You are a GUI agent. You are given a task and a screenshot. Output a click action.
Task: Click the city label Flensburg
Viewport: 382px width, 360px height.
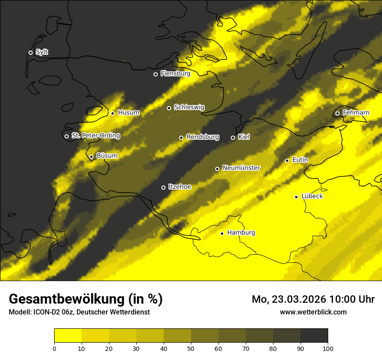coord(175,74)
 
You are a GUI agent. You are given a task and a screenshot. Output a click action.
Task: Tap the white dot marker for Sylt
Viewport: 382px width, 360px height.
coord(30,52)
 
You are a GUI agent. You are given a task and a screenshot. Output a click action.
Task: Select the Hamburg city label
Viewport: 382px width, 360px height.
coord(241,233)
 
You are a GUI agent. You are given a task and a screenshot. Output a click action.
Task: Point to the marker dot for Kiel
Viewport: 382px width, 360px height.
coord(233,137)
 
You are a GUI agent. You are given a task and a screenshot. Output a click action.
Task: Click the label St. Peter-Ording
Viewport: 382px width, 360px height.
coord(95,136)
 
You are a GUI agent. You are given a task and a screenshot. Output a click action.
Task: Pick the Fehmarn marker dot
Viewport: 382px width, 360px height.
coord(337,113)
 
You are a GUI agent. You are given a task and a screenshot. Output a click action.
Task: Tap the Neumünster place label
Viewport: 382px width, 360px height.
coord(241,168)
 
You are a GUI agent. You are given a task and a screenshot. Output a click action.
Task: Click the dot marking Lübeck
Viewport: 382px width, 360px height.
coord(296,196)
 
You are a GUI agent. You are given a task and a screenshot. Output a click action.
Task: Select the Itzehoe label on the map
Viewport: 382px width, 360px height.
coord(180,187)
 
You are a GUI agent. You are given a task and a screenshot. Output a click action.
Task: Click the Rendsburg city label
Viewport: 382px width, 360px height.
coord(203,137)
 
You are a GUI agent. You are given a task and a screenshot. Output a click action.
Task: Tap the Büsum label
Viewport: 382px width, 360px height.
coord(107,156)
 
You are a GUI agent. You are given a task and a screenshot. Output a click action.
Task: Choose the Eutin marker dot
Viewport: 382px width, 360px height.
coord(287,160)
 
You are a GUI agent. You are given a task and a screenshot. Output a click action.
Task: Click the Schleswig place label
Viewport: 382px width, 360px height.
coord(189,108)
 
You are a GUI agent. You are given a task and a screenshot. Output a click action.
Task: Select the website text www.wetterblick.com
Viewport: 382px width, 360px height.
coord(313,312)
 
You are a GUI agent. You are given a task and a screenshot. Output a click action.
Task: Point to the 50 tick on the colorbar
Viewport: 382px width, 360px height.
coord(191,348)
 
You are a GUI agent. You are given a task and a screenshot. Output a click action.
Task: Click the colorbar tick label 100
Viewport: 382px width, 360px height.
coord(328,348)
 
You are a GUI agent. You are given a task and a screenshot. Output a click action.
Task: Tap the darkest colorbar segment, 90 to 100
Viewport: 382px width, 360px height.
coord(314,335)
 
